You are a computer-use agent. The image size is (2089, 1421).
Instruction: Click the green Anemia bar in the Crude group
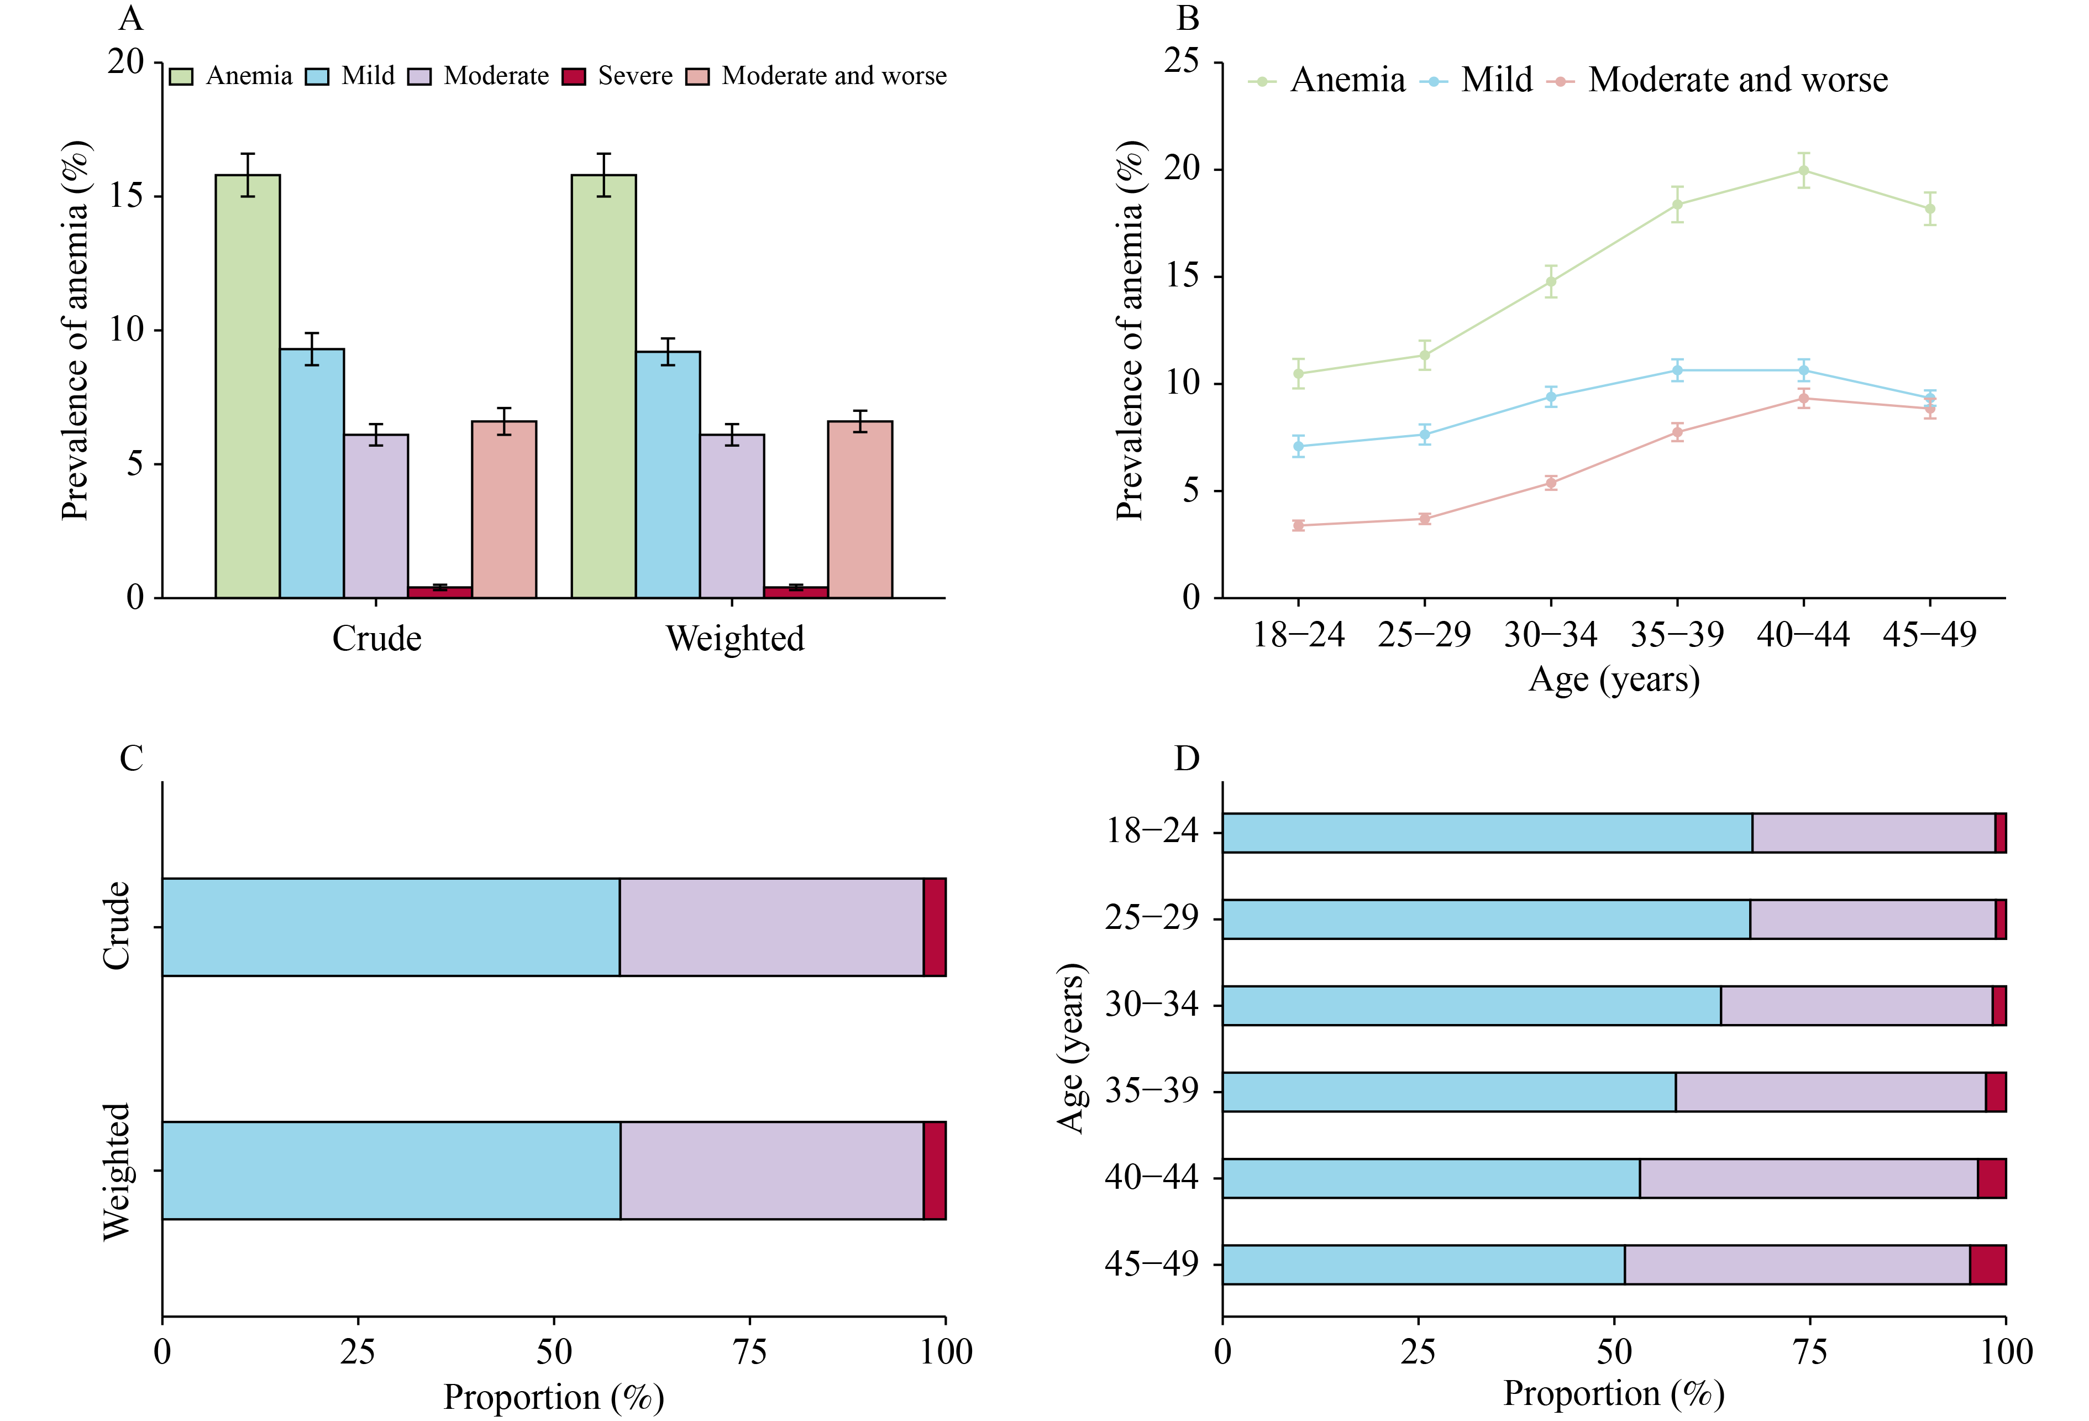click(x=247, y=386)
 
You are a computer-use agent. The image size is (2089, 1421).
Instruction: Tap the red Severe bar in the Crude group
click(x=439, y=592)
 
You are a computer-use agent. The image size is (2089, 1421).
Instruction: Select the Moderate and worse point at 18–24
click(x=1298, y=525)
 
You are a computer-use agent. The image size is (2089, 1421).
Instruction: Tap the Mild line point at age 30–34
click(x=1551, y=396)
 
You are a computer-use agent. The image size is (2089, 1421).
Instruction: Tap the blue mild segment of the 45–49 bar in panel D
click(x=1423, y=1265)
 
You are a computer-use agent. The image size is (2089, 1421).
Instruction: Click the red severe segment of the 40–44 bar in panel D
click(x=1991, y=1178)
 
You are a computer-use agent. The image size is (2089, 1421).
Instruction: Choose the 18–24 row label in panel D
click(x=1152, y=831)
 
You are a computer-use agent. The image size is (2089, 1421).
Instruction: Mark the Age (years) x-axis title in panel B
click(x=1614, y=680)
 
